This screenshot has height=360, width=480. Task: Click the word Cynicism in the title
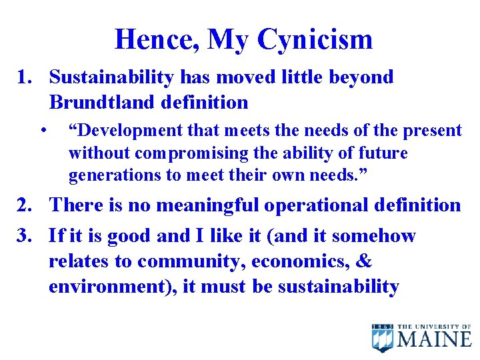tap(315, 40)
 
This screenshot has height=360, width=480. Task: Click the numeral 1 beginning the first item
tap(23, 77)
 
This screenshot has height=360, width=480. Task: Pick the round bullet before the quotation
tap(43, 129)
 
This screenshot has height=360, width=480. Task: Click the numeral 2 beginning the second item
tap(23, 205)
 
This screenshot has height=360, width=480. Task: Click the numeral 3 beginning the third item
tap(23, 235)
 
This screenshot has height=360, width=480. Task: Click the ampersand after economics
tap(364, 261)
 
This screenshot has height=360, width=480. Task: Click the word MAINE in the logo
tap(435, 339)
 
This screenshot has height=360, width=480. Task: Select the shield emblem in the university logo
tap(383, 338)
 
